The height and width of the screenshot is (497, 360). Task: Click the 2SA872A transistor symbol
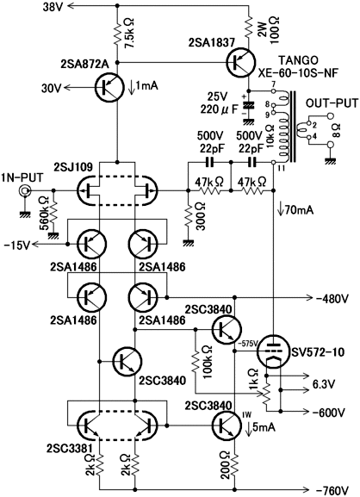click(109, 87)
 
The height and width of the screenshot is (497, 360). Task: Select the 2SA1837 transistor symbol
click(241, 62)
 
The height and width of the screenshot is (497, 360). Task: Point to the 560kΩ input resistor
click(54, 213)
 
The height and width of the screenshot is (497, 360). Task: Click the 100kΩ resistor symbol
click(196, 363)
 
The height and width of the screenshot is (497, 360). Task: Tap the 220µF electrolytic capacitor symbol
click(248, 106)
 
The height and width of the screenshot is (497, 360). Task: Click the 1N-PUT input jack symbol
click(24, 191)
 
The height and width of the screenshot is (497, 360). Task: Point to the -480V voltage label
click(332, 298)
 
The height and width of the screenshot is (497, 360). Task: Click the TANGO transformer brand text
click(299, 60)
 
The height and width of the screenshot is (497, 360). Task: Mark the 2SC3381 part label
click(70, 449)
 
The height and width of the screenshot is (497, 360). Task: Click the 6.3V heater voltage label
click(324, 384)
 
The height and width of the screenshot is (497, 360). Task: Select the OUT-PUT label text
click(332, 103)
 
